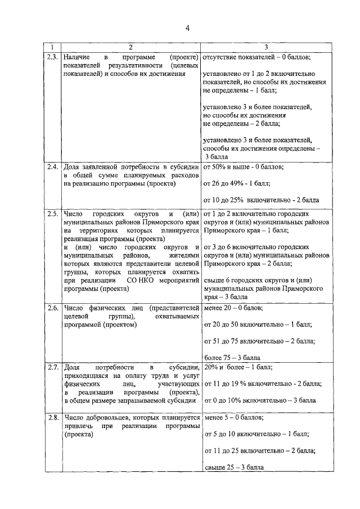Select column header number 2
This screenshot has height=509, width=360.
click(x=130, y=47)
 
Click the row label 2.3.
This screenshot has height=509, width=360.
click(x=52, y=57)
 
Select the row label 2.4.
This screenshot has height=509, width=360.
click(x=52, y=167)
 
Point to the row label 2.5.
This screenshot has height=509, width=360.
click(x=52, y=214)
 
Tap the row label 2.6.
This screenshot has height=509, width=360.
click(x=52, y=308)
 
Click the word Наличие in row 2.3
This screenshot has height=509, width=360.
click(x=78, y=57)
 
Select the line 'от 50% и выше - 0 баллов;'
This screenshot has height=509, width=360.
click(x=243, y=167)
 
